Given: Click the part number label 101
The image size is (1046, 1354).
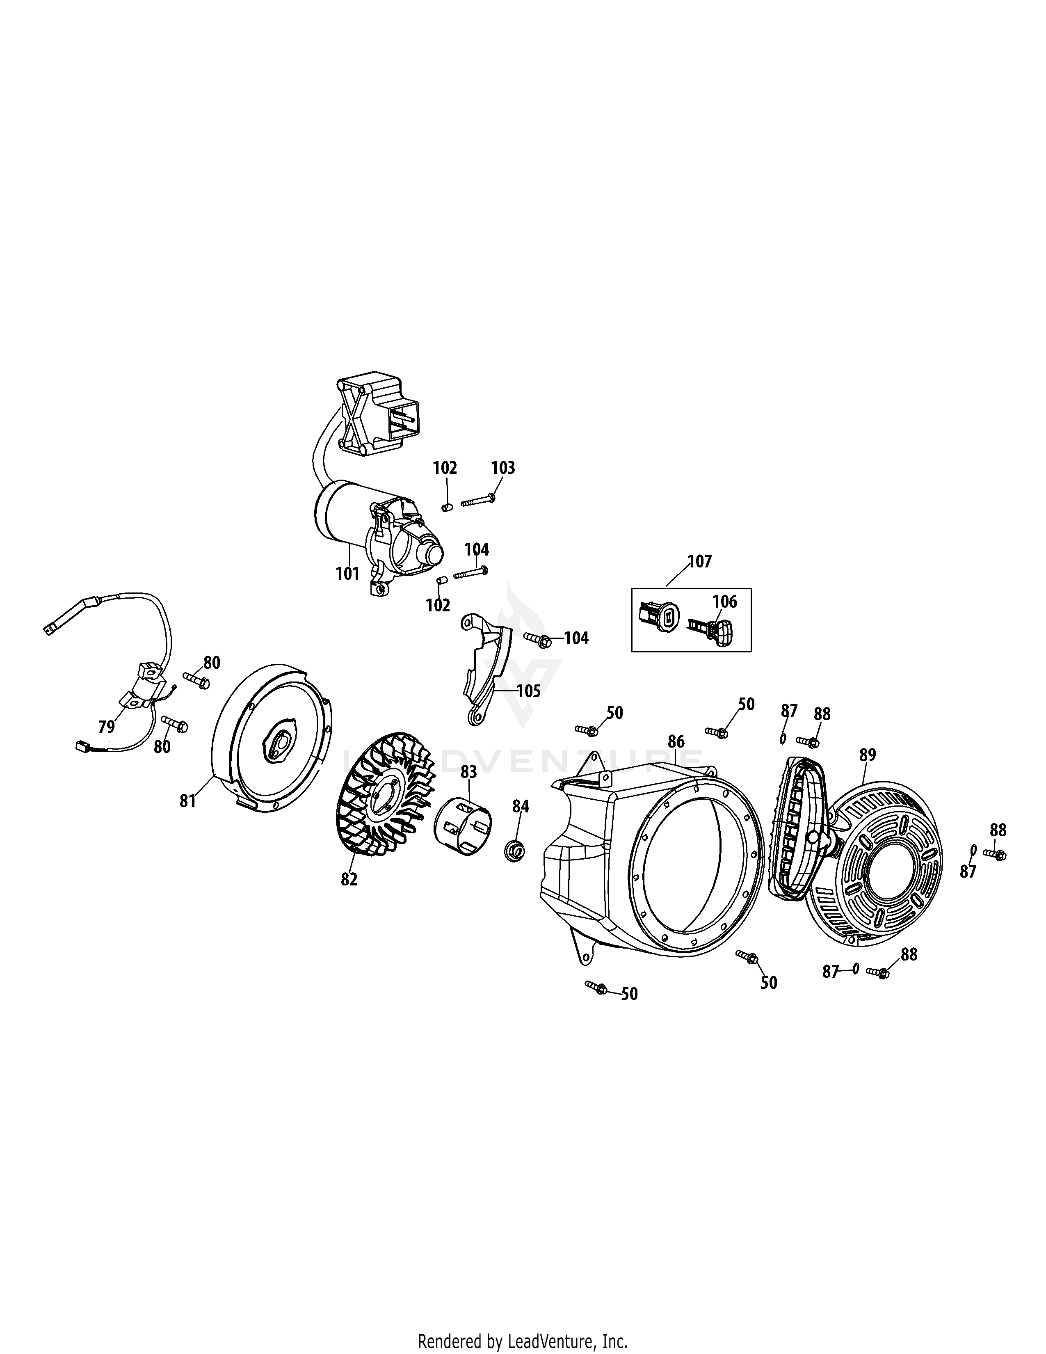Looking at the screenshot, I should pyautogui.click(x=347, y=574).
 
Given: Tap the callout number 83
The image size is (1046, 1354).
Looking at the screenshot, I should pyautogui.click(x=468, y=772).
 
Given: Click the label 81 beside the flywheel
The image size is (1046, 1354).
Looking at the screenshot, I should pyautogui.click(x=188, y=801).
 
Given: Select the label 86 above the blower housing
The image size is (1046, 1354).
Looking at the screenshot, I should pyautogui.click(x=676, y=741).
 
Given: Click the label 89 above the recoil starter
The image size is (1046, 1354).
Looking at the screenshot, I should pyautogui.click(x=868, y=755).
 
